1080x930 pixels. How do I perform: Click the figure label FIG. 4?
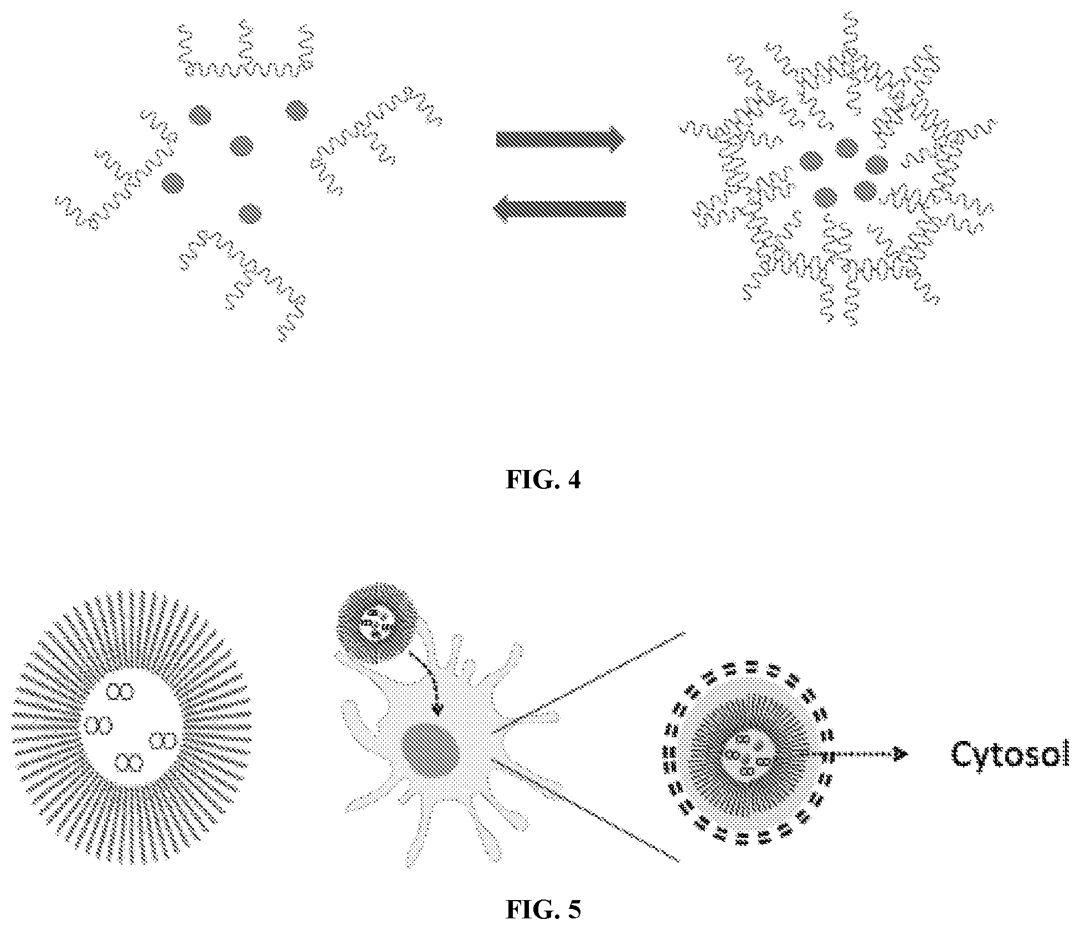point(543,479)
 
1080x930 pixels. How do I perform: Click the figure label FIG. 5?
point(543,909)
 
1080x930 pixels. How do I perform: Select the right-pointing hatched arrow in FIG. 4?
point(561,139)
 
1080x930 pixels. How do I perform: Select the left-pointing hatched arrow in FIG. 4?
point(559,209)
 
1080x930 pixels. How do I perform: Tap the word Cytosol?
point(1010,755)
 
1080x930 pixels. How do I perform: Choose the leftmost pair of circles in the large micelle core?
point(98,724)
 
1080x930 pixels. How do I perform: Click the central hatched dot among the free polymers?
point(241,146)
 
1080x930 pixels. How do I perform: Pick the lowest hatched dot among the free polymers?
point(250,212)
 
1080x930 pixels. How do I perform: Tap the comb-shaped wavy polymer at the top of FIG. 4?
point(246,51)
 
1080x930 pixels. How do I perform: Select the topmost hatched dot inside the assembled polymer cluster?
point(846,147)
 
